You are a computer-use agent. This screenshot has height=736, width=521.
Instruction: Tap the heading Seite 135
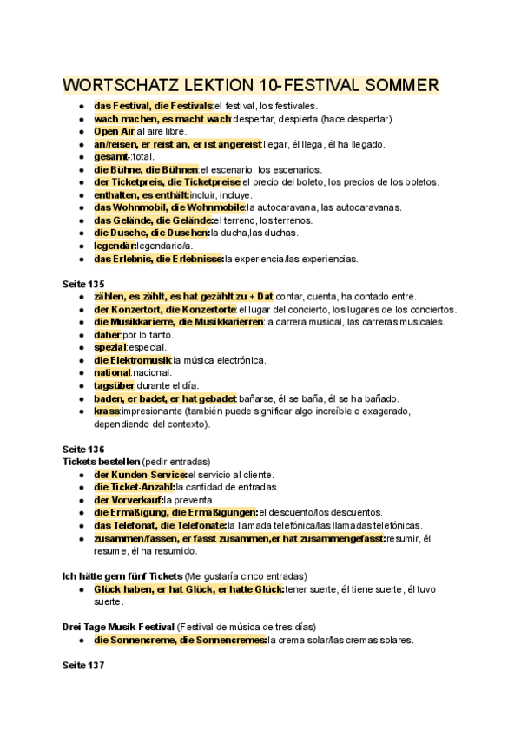(83, 284)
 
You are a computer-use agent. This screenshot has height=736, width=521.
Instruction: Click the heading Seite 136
(83, 449)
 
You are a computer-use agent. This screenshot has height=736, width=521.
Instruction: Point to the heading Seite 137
(83, 666)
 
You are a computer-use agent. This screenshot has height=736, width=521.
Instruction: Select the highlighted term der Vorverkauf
(128, 500)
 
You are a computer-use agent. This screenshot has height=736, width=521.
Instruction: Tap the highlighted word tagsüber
(114, 385)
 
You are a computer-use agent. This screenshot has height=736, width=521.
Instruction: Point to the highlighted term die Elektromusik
(132, 360)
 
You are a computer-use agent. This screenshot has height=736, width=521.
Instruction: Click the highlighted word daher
(107, 334)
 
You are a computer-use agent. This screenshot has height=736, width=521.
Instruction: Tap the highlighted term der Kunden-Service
(140, 475)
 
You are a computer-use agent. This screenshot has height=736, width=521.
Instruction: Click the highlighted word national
(112, 372)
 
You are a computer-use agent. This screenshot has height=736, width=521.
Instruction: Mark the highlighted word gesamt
(109, 156)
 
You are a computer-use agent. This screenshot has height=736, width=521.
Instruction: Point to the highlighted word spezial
(110, 347)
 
